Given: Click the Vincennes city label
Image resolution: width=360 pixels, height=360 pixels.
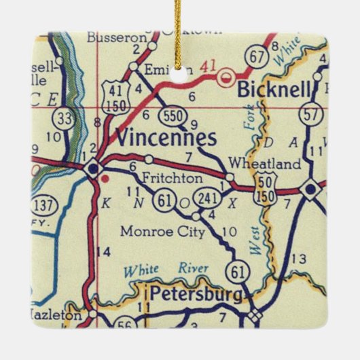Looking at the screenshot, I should point(166,138).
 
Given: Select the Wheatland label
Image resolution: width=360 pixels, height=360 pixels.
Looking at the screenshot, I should point(274,164).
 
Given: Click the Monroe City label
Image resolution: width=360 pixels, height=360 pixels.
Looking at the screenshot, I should point(162,232).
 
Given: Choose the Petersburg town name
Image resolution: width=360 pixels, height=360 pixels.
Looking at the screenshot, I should point(195,295).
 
